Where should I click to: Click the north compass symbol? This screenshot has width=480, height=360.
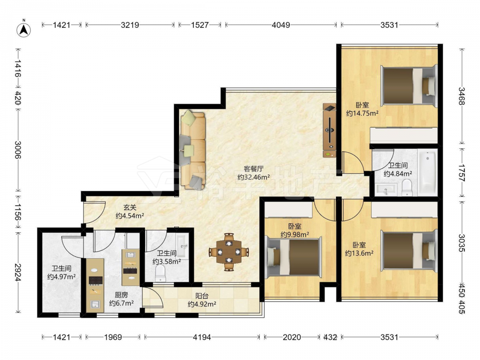pos(24,29)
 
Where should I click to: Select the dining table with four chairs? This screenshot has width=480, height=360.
pos(228,252)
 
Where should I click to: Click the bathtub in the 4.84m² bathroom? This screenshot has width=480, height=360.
pos(428,173)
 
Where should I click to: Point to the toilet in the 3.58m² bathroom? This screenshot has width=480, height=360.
pos(160,273)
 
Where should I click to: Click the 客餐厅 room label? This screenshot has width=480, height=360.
pos(253,168)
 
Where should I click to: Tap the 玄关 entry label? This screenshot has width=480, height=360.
pos(130,207)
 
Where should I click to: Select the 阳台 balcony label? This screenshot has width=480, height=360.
pos(202,296)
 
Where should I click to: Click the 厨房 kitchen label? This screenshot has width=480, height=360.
pos(121,295)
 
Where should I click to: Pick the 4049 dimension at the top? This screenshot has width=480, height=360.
pos(281,25)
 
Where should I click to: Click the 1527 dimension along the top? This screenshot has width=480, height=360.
pos(200,25)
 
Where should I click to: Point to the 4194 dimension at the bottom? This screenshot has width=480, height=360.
pos(202,337)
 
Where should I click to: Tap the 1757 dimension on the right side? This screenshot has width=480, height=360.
pos(462,173)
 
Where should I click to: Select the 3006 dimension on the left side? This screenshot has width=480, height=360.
pos(18,150)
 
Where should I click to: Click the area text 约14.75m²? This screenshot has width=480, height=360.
pos(362,114)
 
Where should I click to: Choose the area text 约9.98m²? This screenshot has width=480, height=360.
pos(295,235)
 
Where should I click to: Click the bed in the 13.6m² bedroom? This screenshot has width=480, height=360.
pos(408,251)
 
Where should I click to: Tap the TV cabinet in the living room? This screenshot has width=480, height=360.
pos(329,131)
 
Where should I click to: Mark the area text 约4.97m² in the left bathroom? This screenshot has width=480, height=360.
pos(61,277)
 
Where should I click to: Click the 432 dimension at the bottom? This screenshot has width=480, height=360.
pos(330,337)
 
